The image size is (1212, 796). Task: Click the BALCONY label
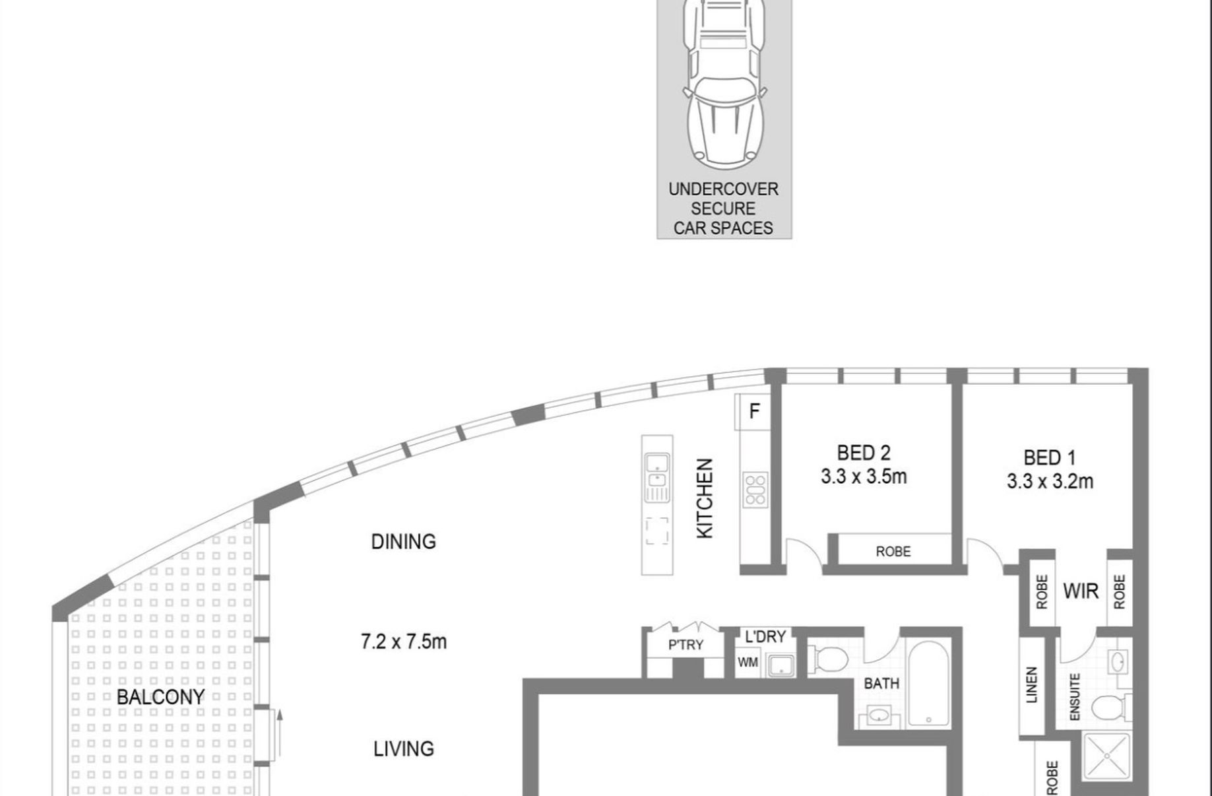160,696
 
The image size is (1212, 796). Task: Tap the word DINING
403,542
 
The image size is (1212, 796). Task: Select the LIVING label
404,749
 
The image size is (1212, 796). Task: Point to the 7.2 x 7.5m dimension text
404,642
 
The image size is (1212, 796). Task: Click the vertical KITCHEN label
705,498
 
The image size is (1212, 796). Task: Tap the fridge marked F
754,411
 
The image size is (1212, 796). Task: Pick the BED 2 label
864,453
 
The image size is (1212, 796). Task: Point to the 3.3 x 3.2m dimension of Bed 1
1050,482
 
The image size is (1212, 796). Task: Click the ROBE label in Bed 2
893,551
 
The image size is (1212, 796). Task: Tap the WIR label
1081,591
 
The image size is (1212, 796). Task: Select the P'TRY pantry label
686,645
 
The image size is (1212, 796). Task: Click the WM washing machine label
748,662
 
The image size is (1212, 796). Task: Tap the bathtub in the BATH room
928,682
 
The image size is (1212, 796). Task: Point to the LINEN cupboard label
1032,684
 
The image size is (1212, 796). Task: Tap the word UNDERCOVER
723,189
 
